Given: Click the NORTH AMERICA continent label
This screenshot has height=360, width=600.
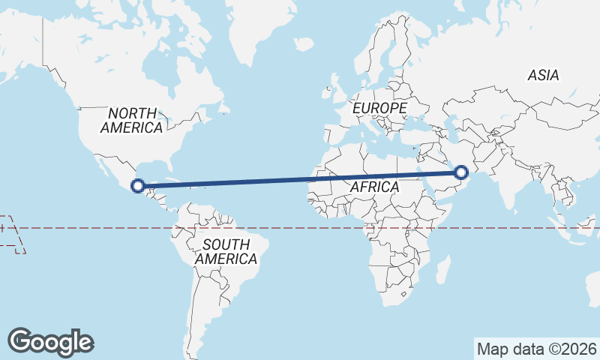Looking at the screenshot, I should [x=132, y=121].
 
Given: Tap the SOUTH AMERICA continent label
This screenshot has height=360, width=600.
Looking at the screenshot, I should [x=226, y=251].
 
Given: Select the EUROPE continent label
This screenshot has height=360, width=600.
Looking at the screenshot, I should [x=379, y=109].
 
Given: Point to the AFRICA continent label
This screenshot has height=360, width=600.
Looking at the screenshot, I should [x=373, y=187].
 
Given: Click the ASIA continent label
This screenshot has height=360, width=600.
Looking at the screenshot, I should [x=543, y=75].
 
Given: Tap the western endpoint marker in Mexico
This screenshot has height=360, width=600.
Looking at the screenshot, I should [x=138, y=185].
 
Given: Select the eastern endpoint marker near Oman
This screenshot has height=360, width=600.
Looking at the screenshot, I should [x=461, y=172].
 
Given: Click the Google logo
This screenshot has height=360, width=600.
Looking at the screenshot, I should [x=50, y=342].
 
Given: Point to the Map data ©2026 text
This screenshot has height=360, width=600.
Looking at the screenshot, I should [x=536, y=349].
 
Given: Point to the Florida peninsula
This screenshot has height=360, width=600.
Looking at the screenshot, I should [x=169, y=164].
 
